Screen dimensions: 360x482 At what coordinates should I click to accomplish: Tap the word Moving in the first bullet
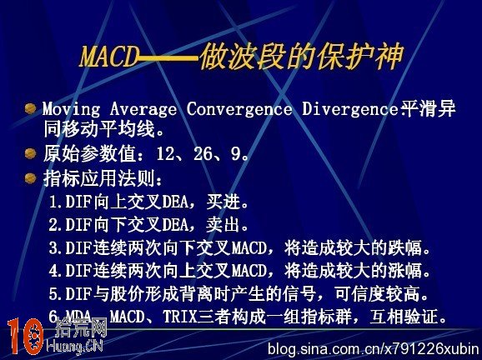point(68,110)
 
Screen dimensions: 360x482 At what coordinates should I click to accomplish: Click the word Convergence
point(239,110)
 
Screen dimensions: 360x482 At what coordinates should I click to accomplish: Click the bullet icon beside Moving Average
point(30,109)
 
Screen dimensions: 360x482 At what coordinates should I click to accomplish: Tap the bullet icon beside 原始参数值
point(30,153)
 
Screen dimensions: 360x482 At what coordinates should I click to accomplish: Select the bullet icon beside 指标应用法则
point(30,177)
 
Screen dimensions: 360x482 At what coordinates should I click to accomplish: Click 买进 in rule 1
point(224,202)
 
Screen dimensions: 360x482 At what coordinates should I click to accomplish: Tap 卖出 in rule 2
point(224,225)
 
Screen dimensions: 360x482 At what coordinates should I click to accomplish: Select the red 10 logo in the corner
point(24,337)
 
